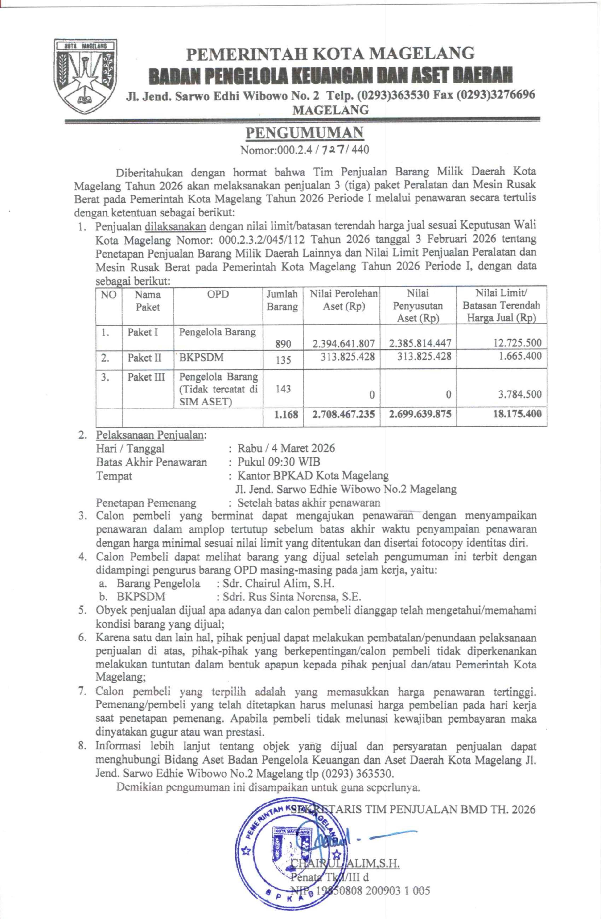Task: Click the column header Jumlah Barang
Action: tap(282, 300)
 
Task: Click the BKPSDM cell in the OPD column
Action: tap(202, 357)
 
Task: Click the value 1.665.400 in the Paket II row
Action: tap(519, 356)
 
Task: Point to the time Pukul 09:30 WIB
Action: tap(279, 462)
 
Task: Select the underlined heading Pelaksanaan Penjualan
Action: tap(149, 435)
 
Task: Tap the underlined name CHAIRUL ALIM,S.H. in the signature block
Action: tap(345, 863)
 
